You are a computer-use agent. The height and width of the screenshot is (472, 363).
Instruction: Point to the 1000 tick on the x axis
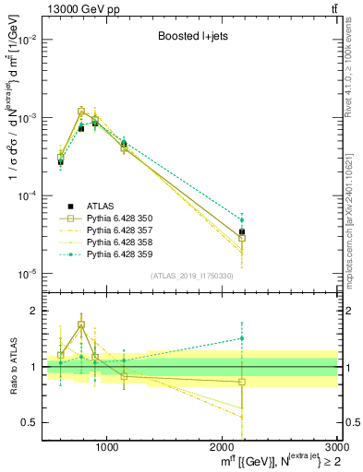click(x=106, y=447)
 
